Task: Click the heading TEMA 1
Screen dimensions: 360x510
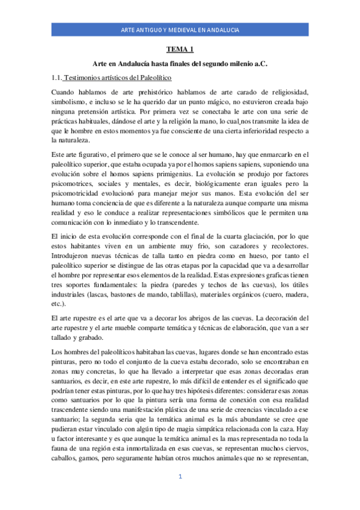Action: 179,51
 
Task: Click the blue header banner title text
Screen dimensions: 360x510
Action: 180,29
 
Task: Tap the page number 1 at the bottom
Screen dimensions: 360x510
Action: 180,493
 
